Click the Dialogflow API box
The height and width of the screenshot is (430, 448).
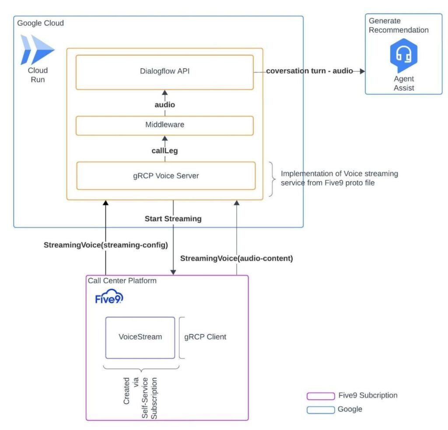coord(164,72)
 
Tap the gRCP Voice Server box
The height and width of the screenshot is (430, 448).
coord(166,176)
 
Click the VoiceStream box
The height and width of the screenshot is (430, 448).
coord(140,337)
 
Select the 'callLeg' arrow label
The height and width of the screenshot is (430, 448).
coord(164,150)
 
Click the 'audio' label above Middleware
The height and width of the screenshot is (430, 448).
coord(164,105)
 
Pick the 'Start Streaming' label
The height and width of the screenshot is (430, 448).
coord(173,219)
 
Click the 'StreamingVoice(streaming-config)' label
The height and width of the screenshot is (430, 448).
coord(106,245)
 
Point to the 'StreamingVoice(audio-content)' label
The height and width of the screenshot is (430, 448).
coord(236,259)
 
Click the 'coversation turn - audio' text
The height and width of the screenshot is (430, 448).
coord(310,71)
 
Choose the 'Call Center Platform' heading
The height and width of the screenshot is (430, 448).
coord(122,281)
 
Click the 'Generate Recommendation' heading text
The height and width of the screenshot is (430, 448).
coord(398,25)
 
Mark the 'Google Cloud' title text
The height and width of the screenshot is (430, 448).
coord(40,23)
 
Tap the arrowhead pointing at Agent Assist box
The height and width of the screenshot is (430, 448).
coord(362,71)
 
